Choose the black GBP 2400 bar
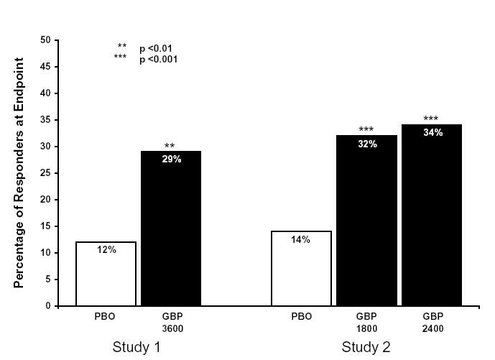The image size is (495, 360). pos(431,216)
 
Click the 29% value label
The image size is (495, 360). pos(171,160)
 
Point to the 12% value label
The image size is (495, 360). pos(106,249)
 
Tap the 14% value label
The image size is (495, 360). pos(301,239)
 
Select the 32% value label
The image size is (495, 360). pos(366,144)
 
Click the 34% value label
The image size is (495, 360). pos(432,133)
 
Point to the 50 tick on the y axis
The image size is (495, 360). pos(45,40)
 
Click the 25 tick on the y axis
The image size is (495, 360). pos(45,173)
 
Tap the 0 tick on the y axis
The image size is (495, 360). pos(48,306)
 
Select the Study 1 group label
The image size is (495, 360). pos(137,348)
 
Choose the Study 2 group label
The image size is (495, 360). pos(366,348)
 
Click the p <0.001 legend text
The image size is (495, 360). pos(158,60)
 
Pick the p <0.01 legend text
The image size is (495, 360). pos(156,49)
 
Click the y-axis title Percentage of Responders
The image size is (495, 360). pos(19,173)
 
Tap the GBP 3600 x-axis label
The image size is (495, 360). pos(170,322)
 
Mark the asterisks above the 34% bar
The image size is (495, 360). pos(431,119)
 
